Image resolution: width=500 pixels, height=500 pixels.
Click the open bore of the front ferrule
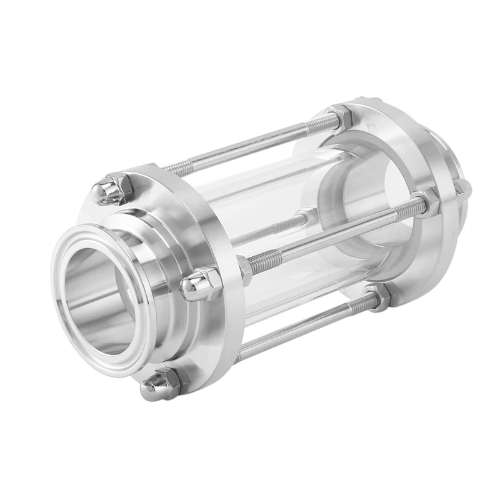100,294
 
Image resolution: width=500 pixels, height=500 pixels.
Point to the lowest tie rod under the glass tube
300,325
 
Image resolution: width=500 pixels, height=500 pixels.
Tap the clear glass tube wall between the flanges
275,187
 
